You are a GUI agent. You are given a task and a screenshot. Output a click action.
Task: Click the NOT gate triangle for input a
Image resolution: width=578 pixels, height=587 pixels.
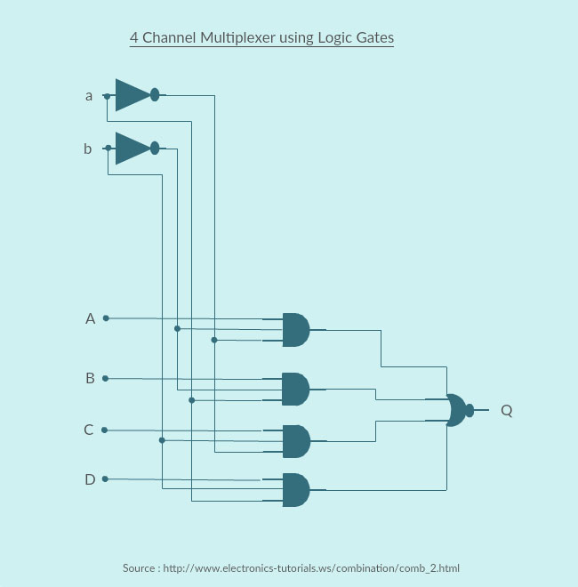132,94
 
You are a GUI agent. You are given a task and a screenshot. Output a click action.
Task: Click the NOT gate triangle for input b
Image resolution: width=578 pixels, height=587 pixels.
132,148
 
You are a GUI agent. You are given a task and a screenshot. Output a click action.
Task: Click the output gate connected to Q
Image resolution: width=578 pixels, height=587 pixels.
457,410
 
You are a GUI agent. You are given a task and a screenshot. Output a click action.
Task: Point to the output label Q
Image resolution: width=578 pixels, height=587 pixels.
506,410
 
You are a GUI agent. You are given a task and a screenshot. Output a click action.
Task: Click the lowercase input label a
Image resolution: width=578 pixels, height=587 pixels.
88,95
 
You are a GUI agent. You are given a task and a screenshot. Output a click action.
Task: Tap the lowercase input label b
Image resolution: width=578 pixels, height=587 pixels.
87,149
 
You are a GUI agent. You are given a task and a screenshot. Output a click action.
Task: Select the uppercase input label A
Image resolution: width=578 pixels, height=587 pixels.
90,318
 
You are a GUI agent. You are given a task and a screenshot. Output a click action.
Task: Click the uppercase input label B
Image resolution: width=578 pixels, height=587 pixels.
90,378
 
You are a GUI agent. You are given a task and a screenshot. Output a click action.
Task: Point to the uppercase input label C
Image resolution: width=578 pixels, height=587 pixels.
89,430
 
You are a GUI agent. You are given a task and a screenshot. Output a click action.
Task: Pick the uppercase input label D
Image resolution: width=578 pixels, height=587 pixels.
90,479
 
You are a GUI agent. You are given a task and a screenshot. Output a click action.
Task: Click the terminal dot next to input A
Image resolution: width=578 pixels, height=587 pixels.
106,318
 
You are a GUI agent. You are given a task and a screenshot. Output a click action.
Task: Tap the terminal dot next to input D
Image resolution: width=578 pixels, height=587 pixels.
106,478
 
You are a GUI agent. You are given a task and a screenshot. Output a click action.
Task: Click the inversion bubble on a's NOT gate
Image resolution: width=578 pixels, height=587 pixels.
155,94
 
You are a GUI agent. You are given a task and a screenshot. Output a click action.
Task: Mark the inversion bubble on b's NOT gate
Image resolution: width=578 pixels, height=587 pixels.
155,148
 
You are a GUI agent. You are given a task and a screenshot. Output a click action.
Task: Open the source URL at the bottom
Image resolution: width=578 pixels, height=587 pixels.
311,567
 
